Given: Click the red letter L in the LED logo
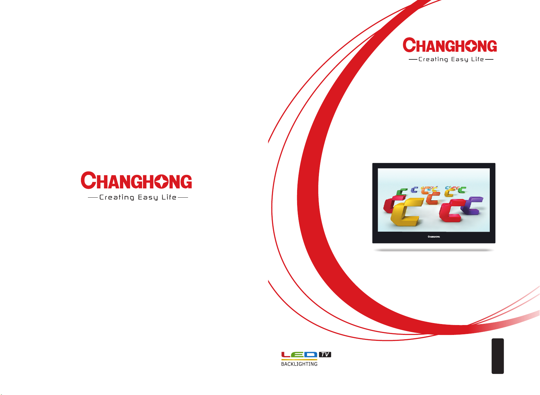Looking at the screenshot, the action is pyautogui.click(x=286, y=354).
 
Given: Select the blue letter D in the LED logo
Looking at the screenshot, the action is pyautogui.click(x=311, y=354).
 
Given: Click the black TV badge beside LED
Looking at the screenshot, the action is pyautogui.click(x=325, y=354).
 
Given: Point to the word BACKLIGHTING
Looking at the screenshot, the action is pyautogui.click(x=299, y=364).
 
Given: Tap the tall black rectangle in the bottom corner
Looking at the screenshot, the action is pyautogui.click(x=498, y=356).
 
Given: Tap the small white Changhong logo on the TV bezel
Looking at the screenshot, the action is pyautogui.click(x=434, y=237).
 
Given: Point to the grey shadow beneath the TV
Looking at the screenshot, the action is pyautogui.click(x=434, y=250).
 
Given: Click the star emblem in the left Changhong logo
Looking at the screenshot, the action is pyautogui.click(x=162, y=181).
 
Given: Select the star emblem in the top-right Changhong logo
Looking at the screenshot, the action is pyautogui.click(x=471, y=46).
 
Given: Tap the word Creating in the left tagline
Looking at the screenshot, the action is pyautogui.click(x=117, y=197).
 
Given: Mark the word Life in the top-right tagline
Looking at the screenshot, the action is pyautogui.click(x=478, y=59).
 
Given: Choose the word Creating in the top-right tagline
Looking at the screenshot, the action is pyautogui.click(x=433, y=59).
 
